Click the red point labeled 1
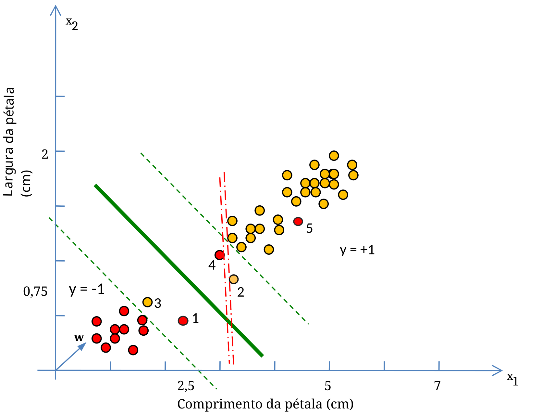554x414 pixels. pyautogui.click(x=183, y=321)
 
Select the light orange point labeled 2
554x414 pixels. pyautogui.click(x=233, y=279)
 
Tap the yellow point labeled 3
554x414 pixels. pyautogui.click(x=148, y=302)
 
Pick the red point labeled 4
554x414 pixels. pyautogui.click(x=220, y=255)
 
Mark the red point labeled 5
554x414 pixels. pyautogui.click(x=298, y=222)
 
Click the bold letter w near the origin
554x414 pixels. pyautogui.click(x=79, y=338)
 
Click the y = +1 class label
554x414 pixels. pyautogui.click(x=357, y=250)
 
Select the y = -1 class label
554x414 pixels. pyautogui.click(x=87, y=289)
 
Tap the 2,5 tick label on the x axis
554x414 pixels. pyautogui.click(x=186, y=386)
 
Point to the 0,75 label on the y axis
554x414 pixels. pyautogui.click(x=35, y=291)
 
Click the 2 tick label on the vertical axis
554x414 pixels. pyautogui.click(x=45, y=154)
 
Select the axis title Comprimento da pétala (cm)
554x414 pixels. pyautogui.click(x=265, y=404)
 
